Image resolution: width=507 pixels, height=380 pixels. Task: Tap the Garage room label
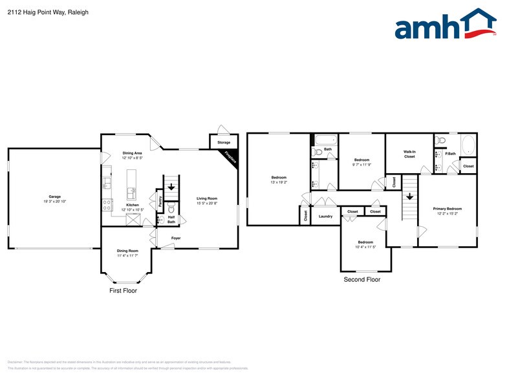54,196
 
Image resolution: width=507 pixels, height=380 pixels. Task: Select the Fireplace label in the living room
230,156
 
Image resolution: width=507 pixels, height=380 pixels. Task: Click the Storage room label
224,142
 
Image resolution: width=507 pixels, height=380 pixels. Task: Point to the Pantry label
160,201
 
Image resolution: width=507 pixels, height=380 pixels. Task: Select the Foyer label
176,238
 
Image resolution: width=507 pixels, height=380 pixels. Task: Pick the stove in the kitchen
106,205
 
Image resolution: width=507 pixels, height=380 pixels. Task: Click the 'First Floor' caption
122,291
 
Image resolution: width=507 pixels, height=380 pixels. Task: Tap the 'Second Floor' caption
361,280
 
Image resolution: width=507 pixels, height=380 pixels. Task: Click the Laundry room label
325,216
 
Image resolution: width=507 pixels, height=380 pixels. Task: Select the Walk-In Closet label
409,154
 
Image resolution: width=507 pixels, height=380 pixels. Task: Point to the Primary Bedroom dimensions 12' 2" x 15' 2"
447,214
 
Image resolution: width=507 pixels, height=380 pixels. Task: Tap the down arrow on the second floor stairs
409,197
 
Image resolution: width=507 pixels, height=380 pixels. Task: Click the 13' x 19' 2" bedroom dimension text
279,182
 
